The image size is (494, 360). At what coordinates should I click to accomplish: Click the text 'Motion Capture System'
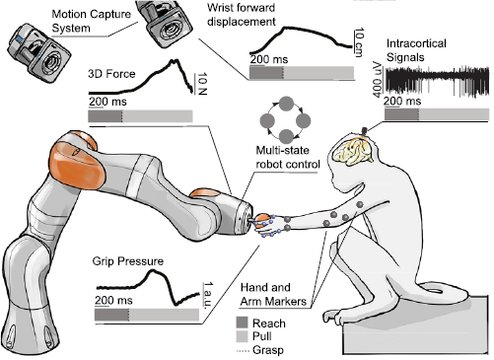pyautogui.click(x=52, y=21)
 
